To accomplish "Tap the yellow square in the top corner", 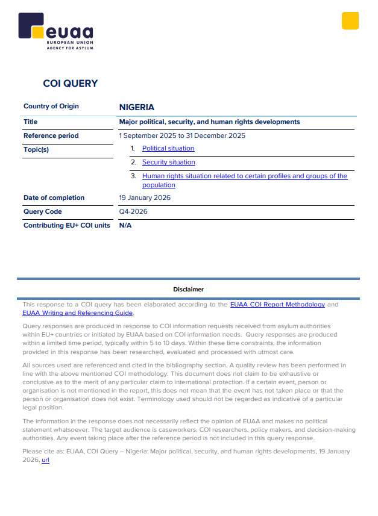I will [x=350, y=20].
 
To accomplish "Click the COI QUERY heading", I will [x=71, y=84].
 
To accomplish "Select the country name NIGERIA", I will [x=137, y=107].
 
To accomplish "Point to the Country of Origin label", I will [x=51, y=107].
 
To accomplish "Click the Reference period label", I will [x=51, y=135].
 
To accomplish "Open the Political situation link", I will [x=168, y=148].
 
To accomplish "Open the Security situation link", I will [x=169, y=162].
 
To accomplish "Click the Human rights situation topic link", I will [x=244, y=176].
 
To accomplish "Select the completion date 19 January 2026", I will [x=145, y=197].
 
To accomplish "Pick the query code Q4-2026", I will [x=133, y=211].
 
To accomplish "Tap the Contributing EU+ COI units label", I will [x=66, y=225].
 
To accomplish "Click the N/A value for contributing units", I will [x=125, y=225].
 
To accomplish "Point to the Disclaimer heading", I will [x=188, y=289].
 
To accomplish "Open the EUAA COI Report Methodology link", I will [x=277, y=305].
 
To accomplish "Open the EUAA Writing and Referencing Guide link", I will [x=78, y=312].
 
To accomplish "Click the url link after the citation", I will [x=45, y=459].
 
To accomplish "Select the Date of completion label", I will [x=54, y=197].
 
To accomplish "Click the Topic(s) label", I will [x=36, y=149].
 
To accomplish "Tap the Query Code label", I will [x=43, y=211].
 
